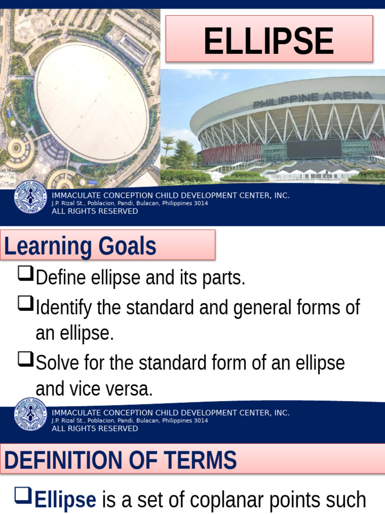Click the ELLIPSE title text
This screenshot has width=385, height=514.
[269, 41]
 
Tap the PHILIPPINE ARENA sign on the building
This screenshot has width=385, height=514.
[312, 99]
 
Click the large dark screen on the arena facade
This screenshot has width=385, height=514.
[313, 149]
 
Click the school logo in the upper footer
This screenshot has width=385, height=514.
[30, 196]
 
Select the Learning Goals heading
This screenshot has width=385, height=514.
[80, 246]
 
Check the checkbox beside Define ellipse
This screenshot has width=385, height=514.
[25, 274]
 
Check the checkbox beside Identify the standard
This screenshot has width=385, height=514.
[25, 303]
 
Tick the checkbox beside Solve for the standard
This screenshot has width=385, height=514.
[25, 358]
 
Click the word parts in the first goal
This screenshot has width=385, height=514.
[226, 278]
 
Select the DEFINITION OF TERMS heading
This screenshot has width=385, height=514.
[120, 460]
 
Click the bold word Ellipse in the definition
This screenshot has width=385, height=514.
[66, 500]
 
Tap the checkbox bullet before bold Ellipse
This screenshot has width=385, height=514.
[23, 496]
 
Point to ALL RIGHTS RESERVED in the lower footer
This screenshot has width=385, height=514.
[95, 429]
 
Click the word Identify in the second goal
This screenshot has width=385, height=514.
[64, 307]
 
